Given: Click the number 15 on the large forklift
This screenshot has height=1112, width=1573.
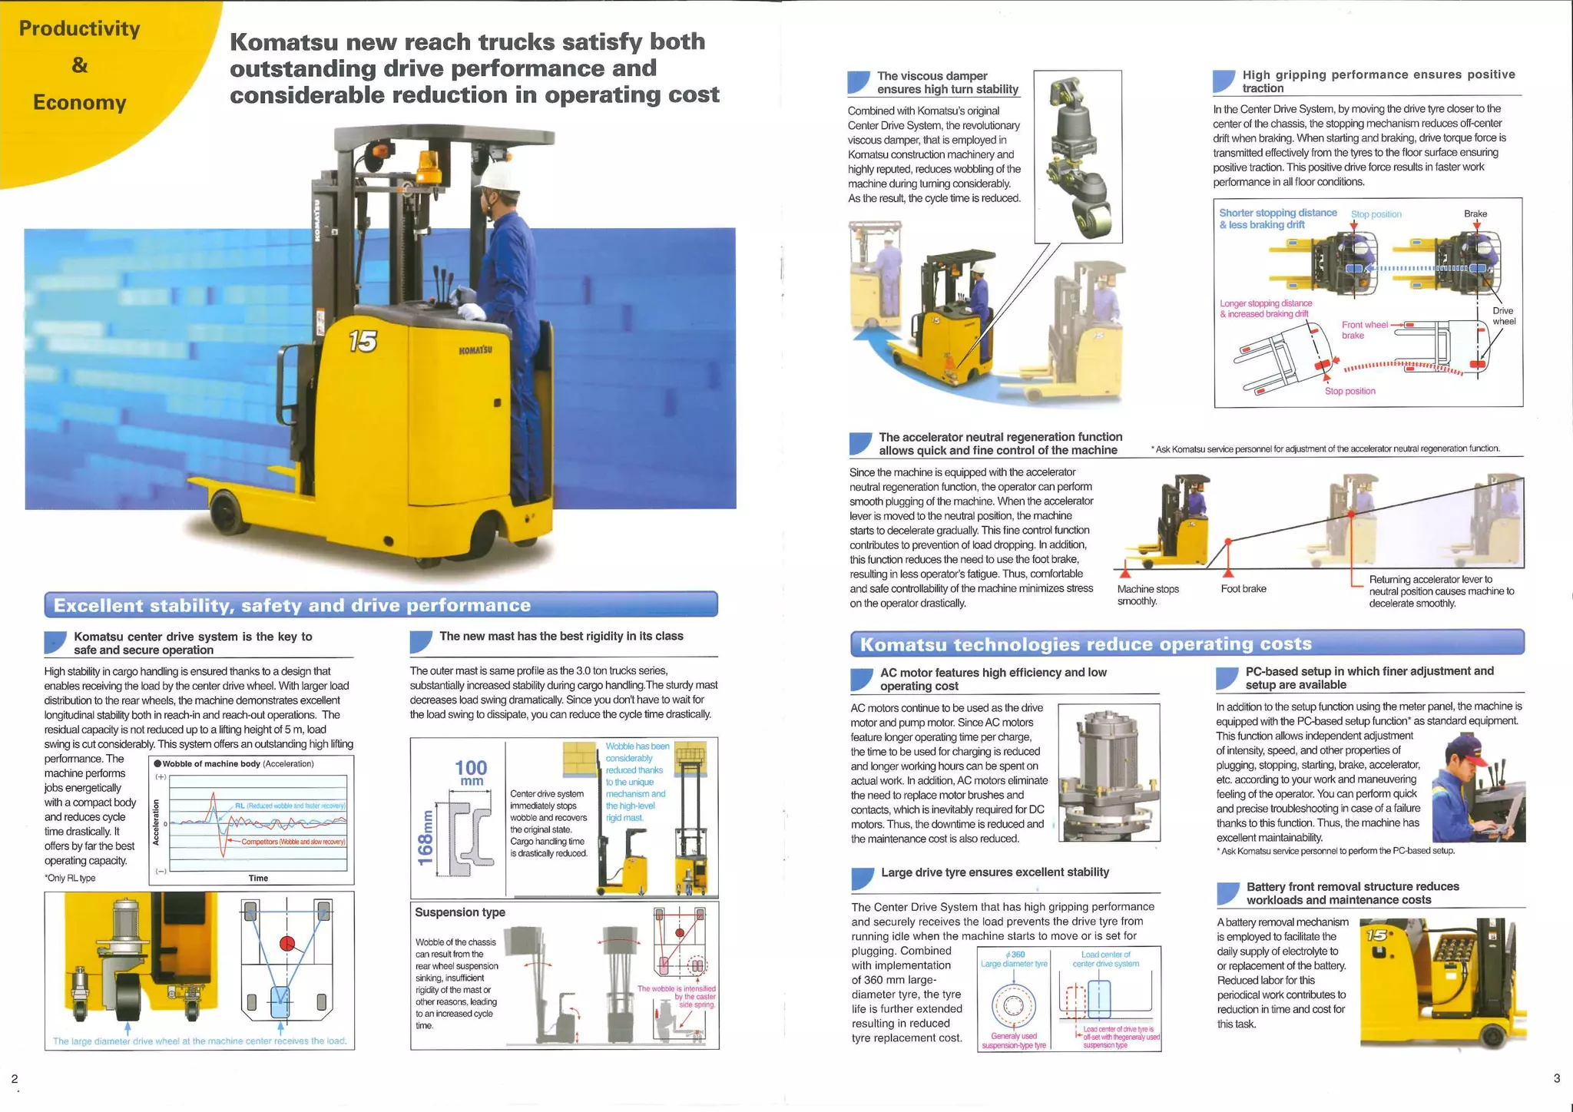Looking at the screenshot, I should [363, 340].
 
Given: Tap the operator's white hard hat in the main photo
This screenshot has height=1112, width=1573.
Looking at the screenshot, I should [495, 177].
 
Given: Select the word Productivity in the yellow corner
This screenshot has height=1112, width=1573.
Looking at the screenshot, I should [79, 29].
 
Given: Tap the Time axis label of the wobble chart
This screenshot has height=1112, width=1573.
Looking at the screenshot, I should [258, 878].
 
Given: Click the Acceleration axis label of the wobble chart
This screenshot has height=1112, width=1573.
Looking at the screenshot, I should [156, 822].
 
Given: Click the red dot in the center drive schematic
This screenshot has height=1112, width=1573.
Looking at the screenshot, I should [287, 943].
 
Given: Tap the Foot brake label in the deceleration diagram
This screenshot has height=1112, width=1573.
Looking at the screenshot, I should [1243, 589].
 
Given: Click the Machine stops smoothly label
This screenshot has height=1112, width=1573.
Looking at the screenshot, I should [1147, 594].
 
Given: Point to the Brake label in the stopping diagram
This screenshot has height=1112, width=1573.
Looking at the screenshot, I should [1475, 213].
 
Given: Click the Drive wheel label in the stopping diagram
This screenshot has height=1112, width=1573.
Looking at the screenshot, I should [1502, 316].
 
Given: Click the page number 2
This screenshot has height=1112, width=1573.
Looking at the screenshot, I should [15, 1079].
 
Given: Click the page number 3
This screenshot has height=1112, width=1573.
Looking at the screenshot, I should [1556, 1078].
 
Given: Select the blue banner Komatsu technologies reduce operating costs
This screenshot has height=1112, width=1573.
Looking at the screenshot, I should [1187, 644].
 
